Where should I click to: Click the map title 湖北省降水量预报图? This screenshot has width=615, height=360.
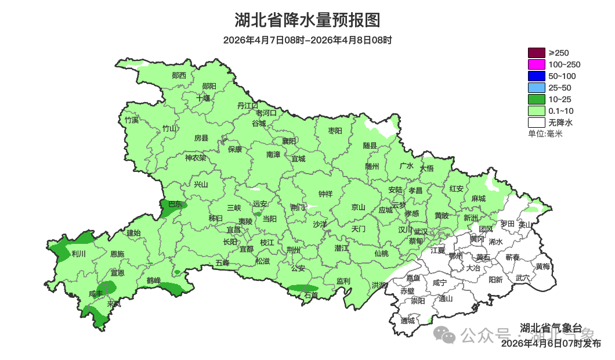[x=307, y=20]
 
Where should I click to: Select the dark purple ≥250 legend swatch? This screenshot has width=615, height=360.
[x=537, y=53]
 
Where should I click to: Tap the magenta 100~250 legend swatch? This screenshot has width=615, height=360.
[x=537, y=64]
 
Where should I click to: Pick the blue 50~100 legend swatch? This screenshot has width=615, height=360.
[x=537, y=76]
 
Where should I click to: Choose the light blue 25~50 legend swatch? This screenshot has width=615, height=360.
[x=537, y=88]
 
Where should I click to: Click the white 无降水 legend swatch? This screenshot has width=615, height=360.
[x=537, y=123]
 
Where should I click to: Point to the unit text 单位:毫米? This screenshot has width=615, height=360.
[x=545, y=134]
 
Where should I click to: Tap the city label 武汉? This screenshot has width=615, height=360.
[x=421, y=231]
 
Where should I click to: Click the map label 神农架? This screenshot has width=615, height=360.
[x=196, y=157]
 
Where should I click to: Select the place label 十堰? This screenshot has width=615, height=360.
[x=203, y=98]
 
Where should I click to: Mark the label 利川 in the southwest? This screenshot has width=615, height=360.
[x=78, y=254]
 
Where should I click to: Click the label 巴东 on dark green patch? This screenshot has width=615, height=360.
[x=175, y=204]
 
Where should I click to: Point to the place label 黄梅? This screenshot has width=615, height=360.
[x=542, y=267]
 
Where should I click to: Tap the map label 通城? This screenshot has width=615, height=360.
[x=408, y=321]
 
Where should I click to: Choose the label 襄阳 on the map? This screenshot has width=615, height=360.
[x=289, y=141]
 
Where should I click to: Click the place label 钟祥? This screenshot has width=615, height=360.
[x=325, y=194]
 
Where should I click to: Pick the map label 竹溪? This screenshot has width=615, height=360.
[x=132, y=120]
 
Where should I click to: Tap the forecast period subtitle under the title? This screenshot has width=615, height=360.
[x=307, y=40]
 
